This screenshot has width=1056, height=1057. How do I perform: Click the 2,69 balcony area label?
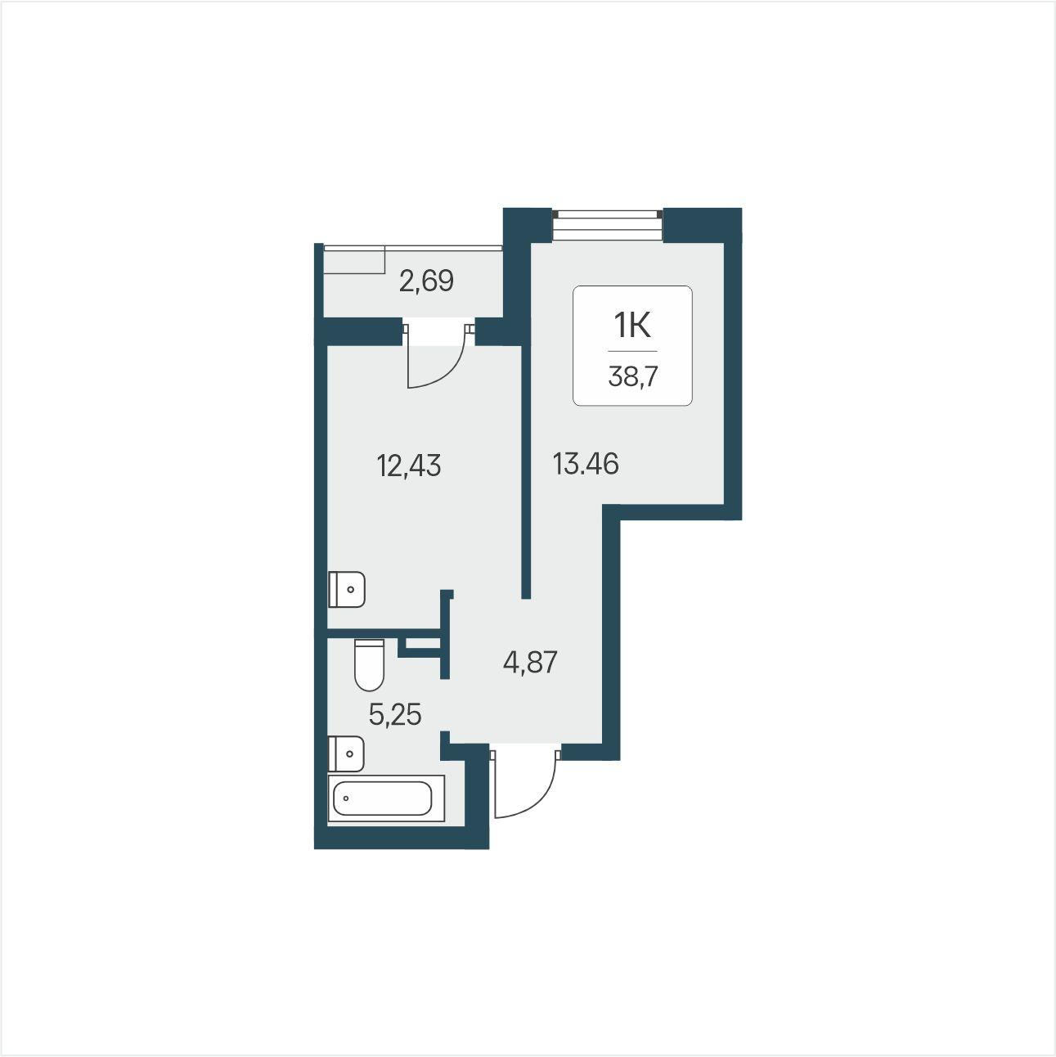point(426,281)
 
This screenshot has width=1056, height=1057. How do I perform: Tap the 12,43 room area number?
point(409,466)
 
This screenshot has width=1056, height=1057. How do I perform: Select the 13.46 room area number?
point(586,464)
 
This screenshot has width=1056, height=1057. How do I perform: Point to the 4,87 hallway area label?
point(530,662)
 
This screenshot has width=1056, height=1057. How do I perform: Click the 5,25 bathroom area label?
point(395,715)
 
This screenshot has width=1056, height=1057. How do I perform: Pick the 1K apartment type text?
point(632,327)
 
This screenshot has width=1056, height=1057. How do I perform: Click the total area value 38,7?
point(632,377)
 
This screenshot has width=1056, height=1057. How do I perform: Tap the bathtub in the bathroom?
point(385,798)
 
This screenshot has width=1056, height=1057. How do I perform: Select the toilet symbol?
point(369,665)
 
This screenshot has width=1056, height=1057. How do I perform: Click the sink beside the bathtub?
point(346,753)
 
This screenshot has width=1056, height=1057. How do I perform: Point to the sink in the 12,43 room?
point(346,590)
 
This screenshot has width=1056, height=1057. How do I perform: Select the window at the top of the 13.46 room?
point(607,225)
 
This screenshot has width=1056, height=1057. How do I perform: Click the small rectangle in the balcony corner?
point(354,259)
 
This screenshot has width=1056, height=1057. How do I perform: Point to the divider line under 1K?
point(632,351)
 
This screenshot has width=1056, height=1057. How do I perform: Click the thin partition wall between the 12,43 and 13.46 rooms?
point(526,472)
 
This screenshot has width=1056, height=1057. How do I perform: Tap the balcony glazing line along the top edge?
point(412,247)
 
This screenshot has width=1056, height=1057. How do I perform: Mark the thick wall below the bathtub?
point(401,837)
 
